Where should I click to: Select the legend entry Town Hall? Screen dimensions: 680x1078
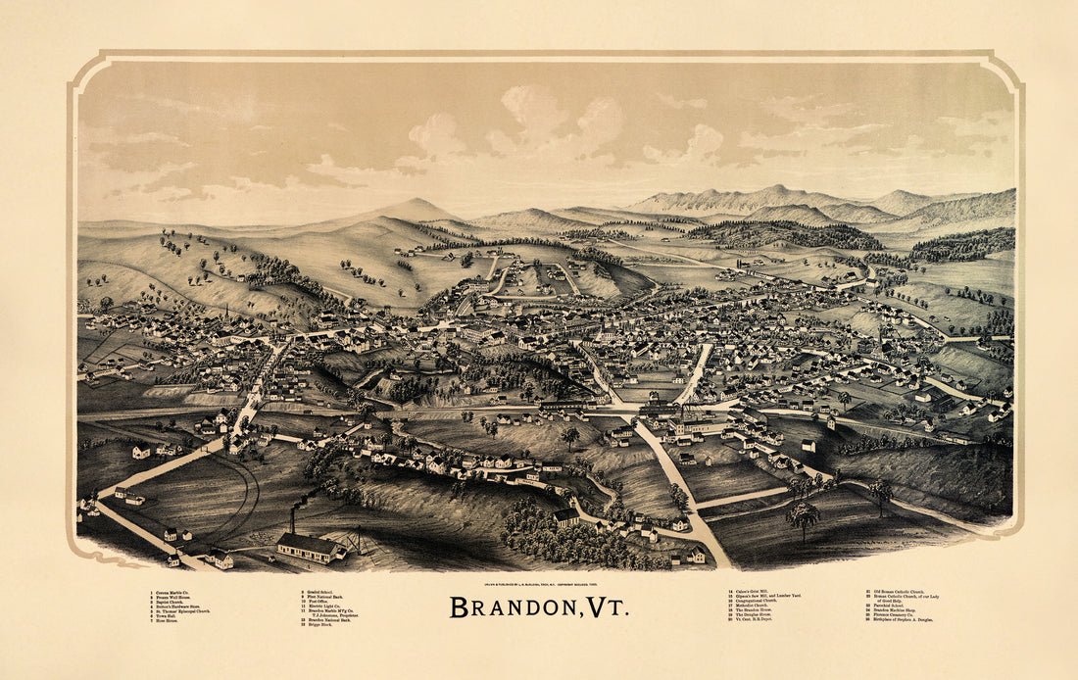tap(168, 616)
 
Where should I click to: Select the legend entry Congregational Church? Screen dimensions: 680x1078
tap(760, 600)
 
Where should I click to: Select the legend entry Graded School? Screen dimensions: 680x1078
tap(320, 593)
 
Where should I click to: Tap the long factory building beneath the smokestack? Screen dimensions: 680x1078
tap(308, 547)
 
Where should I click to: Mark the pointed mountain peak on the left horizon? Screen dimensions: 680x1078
tap(416, 205)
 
